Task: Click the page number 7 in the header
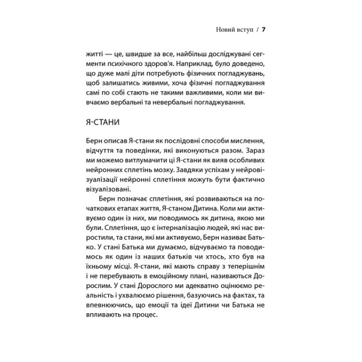263,30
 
